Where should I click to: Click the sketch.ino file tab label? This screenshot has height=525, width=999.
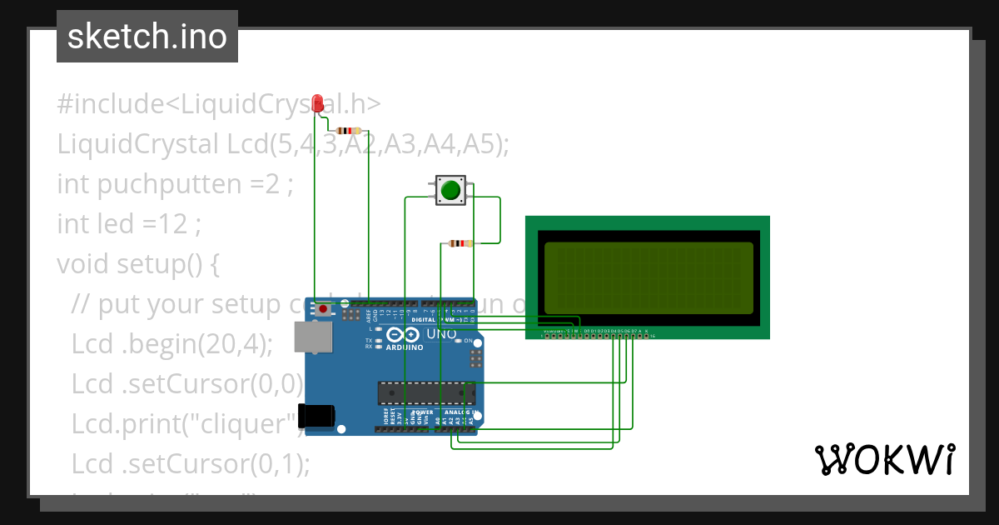147,37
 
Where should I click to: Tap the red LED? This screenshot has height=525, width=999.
316,102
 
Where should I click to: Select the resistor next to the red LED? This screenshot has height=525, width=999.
347,131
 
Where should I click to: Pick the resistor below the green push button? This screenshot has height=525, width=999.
460,243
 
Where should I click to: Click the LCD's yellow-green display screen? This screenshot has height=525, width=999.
649,278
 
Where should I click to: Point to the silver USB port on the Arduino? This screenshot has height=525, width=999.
313,337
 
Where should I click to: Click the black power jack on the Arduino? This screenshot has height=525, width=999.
318,415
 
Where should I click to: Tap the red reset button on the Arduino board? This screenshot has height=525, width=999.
323,309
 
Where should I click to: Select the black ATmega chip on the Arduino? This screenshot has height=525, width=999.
426,392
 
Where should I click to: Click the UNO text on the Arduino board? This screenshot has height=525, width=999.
441,334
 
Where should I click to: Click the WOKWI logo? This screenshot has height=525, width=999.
884,459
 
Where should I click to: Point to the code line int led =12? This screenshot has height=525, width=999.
129,224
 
